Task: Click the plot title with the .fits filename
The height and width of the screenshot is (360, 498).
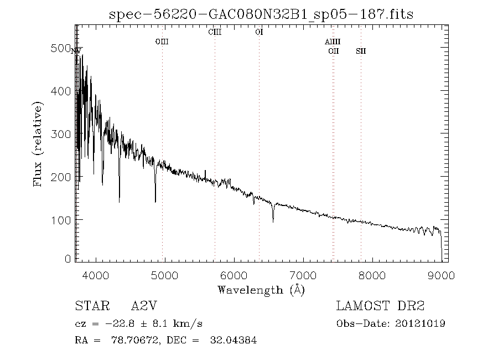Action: (x=261, y=14)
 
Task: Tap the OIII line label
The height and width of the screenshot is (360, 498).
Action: (x=162, y=42)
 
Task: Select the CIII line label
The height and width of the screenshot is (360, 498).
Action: (x=215, y=32)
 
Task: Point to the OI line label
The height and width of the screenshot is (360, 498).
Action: (x=259, y=32)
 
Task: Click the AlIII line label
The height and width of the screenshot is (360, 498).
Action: (x=333, y=42)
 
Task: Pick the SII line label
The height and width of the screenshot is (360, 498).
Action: (x=361, y=52)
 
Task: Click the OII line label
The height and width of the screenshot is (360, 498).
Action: (x=333, y=52)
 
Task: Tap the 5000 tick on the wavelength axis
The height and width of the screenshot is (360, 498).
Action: (x=164, y=275)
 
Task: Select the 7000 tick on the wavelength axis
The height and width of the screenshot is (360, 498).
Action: (x=303, y=275)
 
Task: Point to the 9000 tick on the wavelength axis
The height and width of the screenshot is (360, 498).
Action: (x=441, y=275)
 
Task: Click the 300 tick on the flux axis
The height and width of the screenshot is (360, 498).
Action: (x=63, y=134)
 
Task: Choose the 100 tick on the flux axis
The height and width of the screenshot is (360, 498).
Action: (x=63, y=220)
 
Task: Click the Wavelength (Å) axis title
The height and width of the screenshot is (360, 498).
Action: (x=261, y=290)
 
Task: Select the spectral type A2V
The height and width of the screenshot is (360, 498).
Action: (x=146, y=306)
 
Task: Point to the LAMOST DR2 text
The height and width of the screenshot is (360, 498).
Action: (x=381, y=306)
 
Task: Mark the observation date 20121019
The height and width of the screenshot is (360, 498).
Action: (x=422, y=323)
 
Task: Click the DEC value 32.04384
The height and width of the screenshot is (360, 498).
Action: (x=234, y=341)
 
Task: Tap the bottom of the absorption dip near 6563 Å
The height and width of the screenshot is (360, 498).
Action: (x=273, y=222)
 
